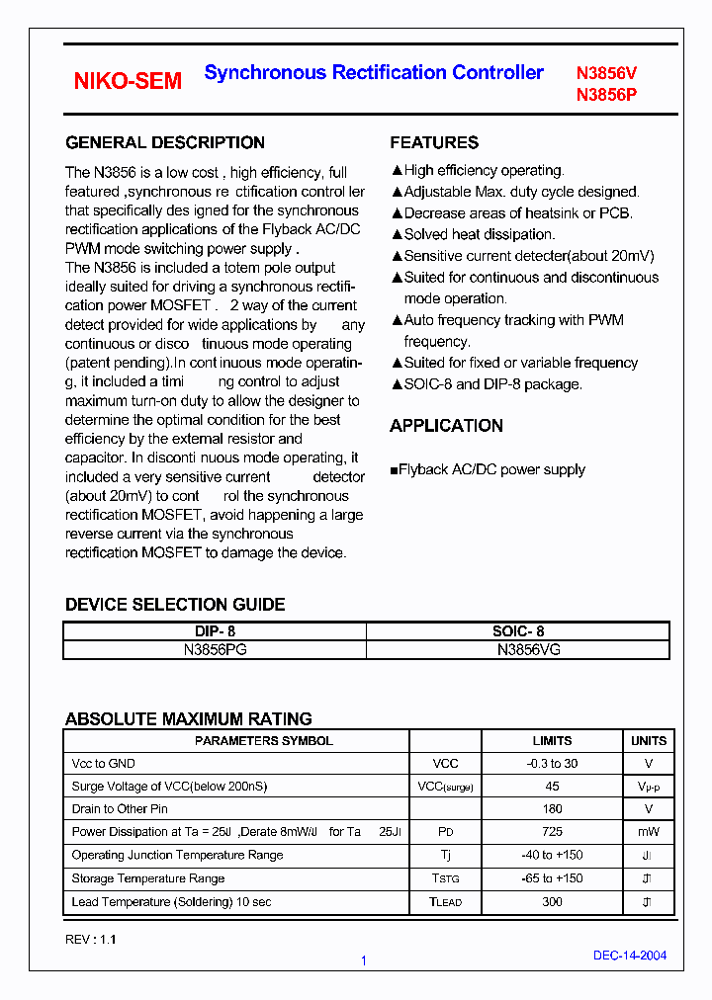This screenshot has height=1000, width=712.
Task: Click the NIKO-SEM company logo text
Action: coord(128,82)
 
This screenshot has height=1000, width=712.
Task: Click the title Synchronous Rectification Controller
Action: coord(374,72)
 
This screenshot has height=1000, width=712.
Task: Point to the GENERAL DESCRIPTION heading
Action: coord(165,142)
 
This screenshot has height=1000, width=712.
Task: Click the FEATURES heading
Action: coord(434,142)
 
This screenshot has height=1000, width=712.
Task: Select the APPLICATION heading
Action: coord(446,426)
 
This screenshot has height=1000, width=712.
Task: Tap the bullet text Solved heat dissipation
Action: coord(479,235)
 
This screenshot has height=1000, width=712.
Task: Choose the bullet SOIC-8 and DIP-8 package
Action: coord(492,384)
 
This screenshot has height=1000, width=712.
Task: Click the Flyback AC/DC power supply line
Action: coord(492,470)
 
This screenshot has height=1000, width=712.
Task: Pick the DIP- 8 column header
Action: coord(215,631)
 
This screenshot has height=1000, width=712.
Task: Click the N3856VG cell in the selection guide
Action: coord(517,650)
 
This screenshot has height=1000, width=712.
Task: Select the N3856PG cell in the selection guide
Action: coord(215,650)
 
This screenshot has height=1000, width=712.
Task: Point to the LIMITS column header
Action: coord(552,741)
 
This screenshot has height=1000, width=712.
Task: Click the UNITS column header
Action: coord(649,741)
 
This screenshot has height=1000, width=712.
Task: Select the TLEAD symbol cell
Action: coord(445,901)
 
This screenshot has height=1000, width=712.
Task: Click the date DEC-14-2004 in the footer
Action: coord(629,956)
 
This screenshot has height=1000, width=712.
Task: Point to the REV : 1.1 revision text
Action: coord(91,940)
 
